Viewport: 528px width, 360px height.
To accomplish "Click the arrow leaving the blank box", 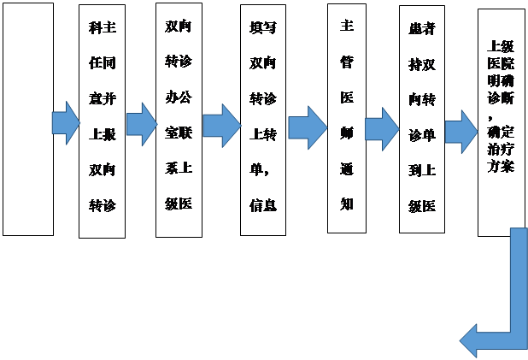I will click(65, 123).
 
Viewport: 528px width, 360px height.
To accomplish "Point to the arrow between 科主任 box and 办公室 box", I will click(140, 124).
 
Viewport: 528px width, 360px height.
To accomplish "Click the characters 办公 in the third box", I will click(179, 95).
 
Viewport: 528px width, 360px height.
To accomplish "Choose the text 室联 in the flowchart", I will click(179, 132).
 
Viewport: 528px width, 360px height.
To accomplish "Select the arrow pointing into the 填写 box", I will click(220, 125).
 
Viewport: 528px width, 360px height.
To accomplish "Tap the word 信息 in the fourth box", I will click(262, 204).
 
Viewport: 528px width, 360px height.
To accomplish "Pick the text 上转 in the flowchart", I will click(262, 133).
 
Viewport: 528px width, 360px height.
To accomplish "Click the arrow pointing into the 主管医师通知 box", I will click(307, 127).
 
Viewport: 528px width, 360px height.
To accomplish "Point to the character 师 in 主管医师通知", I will click(347, 133).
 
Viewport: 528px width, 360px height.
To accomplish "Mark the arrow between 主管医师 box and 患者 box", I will click(381, 129).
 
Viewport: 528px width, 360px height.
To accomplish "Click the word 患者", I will click(421, 27).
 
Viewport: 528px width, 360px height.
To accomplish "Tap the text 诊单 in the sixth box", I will click(421, 134).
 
